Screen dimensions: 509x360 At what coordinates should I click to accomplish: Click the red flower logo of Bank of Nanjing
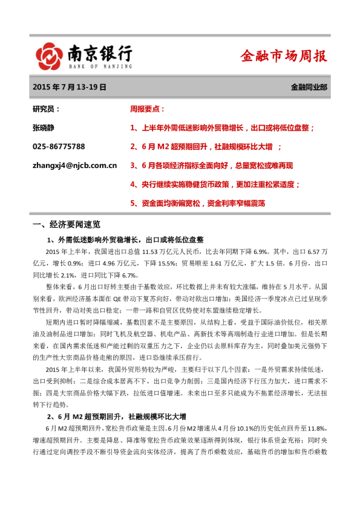[x=48, y=56]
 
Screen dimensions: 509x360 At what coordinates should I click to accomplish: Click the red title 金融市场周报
[x=284, y=56]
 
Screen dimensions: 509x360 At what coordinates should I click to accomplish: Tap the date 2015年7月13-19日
[x=70, y=87]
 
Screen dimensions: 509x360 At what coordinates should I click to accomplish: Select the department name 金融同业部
[x=309, y=87]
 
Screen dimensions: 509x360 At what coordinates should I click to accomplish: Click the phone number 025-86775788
[x=59, y=146]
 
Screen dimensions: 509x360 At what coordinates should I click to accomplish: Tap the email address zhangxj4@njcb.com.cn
[x=74, y=165]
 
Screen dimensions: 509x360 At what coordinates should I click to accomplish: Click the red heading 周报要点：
[x=148, y=109]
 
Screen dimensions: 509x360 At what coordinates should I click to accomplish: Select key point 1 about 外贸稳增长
[x=222, y=128]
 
